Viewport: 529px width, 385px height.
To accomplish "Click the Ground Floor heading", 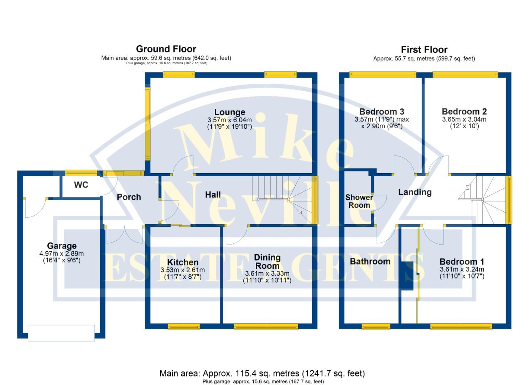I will pos(166,49).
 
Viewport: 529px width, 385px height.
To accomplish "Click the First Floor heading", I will pos(424,50).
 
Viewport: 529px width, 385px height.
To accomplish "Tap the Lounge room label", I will pos(229,112).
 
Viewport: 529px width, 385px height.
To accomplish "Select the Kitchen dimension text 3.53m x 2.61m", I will pos(182,270).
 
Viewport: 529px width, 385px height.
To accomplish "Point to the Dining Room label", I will pos(267,262).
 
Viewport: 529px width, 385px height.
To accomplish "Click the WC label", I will pos(81,185).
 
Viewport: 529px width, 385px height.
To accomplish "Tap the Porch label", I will pos(129,197).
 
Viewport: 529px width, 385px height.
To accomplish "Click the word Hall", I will pos(213,195).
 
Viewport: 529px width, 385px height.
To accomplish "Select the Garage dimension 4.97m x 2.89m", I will pos(62,254).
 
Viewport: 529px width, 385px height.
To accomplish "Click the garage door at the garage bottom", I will pos(61,333).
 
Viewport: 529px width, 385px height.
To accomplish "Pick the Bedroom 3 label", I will pos(382,112).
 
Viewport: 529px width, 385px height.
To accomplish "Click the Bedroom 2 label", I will pos(464,112).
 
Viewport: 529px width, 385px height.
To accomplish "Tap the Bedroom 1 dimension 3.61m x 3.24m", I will pos(462,269).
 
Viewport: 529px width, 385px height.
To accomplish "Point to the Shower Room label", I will pos(359,201).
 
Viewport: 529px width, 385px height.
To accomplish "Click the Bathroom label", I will pos(370,261).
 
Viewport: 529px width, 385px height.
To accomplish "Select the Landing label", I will pos(415,192).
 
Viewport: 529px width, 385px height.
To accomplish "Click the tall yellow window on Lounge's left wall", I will pos(147,124).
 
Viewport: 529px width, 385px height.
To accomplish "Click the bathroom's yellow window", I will pos(376,326).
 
